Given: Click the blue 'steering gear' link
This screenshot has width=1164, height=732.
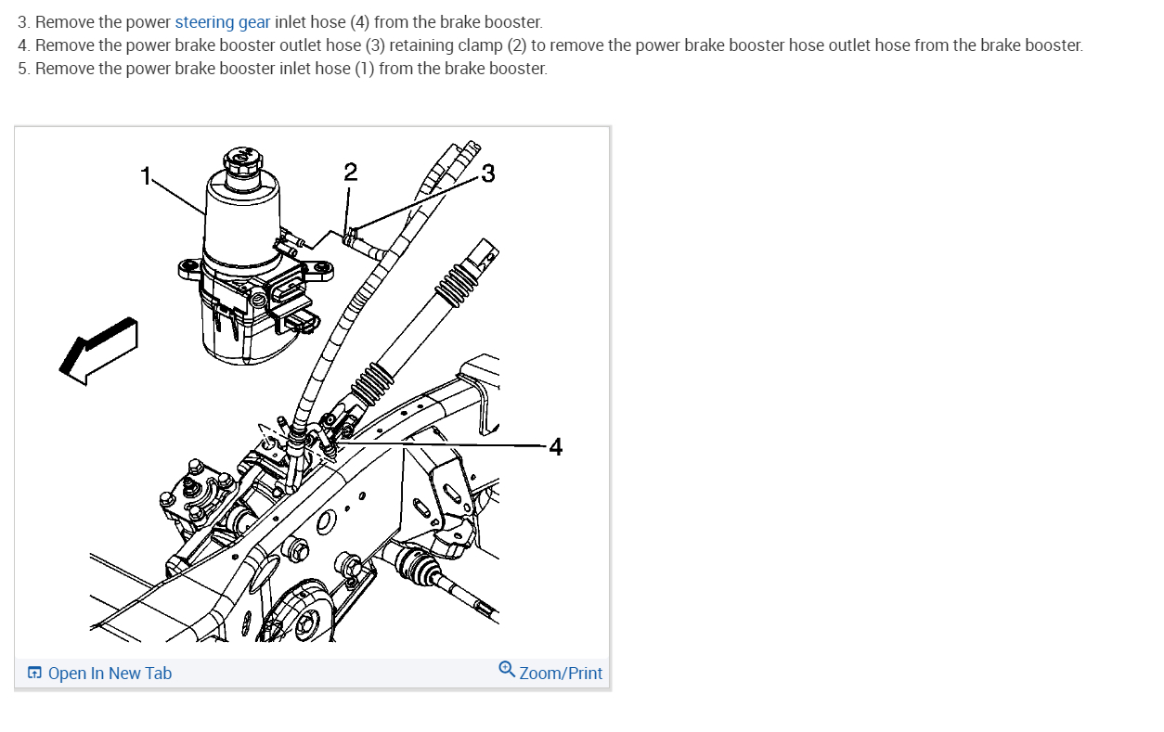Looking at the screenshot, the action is pos(223,22).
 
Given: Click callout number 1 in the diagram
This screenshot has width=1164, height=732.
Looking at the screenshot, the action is pos(145,173).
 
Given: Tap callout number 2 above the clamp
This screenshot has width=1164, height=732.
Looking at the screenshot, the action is pos(349,172).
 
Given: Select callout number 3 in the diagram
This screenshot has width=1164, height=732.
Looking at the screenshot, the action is pos(488,173).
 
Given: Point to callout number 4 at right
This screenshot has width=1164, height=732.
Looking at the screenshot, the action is pos(555,447).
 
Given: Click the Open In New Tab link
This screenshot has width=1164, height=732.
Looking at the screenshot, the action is pos(109,674).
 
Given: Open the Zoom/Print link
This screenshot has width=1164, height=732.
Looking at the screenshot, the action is pos(561,674).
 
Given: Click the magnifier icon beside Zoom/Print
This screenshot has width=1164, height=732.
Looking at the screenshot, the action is pos(506,669).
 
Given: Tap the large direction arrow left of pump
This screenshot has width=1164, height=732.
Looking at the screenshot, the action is pos(98,349).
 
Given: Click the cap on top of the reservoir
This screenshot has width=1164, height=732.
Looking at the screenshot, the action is pos(242,160).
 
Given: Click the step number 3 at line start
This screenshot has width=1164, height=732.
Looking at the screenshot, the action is pos(23,22).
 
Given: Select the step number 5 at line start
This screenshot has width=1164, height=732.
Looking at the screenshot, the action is pos(23,69).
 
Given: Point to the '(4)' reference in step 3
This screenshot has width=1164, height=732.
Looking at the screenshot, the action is pos(359,22).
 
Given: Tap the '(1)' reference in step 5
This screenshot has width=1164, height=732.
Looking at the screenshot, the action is pos(365,69).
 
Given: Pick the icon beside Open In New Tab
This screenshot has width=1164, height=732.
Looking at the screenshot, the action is pos(34,674).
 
